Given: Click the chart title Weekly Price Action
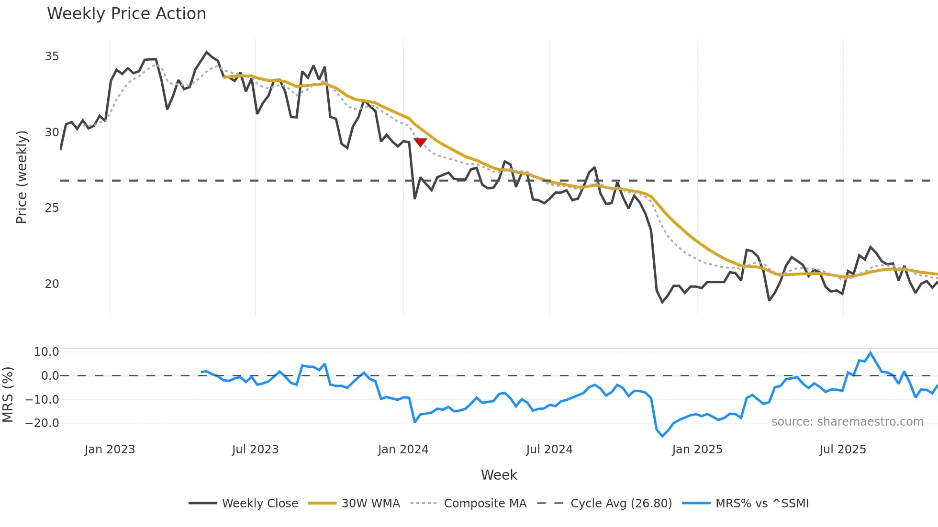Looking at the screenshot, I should [x=126, y=14].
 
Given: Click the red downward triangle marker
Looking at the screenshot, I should [x=420, y=143].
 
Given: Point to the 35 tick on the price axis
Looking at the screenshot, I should [x=52, y=56].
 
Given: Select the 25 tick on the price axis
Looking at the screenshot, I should [x=52, y=208].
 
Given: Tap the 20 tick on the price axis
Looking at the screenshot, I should [x=52, y=284].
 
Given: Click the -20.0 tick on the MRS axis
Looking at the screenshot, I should [x=42, y=423].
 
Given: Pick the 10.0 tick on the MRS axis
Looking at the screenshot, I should [x=46, y=352].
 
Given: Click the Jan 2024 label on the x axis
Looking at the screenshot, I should [x=403, y=450].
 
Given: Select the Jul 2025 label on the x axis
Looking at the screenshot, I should [x=842, y=450].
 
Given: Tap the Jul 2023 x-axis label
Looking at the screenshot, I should [x=255, y=450].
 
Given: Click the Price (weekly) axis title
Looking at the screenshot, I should [x=22, y=177].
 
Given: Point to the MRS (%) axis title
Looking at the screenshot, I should [x=8, y=395].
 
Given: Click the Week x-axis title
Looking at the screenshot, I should [x=499, y=475].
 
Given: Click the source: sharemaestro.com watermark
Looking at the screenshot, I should [x=847, y=422].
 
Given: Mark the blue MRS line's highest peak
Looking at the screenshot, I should [x=871, y=353].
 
